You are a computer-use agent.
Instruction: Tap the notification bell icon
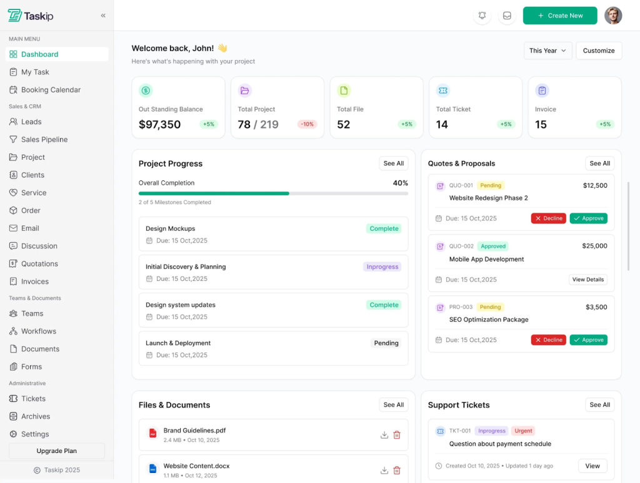click(482, 16)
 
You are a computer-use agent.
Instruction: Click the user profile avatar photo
click(613, 16)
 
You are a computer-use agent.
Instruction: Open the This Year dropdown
click(547, 51)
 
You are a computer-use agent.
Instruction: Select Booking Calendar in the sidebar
click(51, 90)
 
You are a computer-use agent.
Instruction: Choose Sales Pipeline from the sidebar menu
click(44, 140)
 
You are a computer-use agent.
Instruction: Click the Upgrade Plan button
click(57, 451)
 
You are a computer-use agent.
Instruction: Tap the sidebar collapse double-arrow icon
click(103, 16)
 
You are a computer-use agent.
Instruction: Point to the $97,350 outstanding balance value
click(160, 125)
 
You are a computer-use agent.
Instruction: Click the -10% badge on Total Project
click(307, 124)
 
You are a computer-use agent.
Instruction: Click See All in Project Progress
click(394, 163)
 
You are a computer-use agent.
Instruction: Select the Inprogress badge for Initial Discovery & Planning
click(382, 267)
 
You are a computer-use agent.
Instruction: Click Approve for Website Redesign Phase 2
click(588, 218)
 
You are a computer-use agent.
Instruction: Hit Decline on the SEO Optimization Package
click(548, 340)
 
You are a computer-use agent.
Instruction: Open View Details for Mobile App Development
click(588, 280)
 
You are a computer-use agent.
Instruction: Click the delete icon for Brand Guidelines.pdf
click(397, 435)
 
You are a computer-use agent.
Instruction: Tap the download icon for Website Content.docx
click(384, 471)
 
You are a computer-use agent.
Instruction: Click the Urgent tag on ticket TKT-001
click(523, 431)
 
